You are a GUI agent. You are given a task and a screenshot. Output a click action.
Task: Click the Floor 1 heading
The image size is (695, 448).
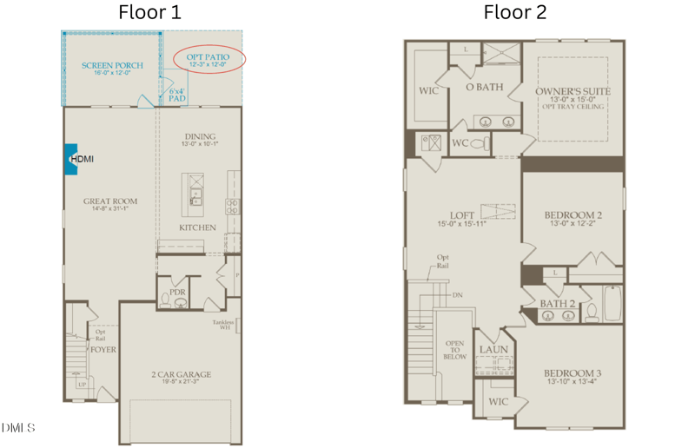150,12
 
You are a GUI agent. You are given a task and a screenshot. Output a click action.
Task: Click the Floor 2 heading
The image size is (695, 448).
515,12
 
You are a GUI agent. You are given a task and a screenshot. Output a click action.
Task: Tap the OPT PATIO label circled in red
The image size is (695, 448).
207,58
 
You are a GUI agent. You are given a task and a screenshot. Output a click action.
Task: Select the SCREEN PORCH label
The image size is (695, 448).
112,66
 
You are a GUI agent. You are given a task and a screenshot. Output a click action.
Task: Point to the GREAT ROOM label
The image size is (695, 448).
110,201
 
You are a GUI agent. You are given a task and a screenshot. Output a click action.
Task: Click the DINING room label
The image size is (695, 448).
201,137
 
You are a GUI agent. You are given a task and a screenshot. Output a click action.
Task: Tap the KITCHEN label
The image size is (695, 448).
197,227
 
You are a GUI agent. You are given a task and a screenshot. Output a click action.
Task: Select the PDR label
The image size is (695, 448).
178,293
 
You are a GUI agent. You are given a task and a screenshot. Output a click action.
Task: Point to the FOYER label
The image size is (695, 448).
103,350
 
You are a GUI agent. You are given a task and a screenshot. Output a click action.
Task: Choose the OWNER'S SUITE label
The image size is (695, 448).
572,91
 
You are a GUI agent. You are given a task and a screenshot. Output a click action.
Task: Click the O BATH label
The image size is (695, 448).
484,87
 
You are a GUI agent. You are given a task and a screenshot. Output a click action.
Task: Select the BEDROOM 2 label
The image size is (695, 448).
573,215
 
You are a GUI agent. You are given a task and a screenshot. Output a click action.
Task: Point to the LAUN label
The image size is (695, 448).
493,350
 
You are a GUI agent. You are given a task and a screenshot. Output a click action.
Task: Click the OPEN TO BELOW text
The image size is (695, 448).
455,350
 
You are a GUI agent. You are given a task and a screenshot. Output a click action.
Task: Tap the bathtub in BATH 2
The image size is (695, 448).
612,304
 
